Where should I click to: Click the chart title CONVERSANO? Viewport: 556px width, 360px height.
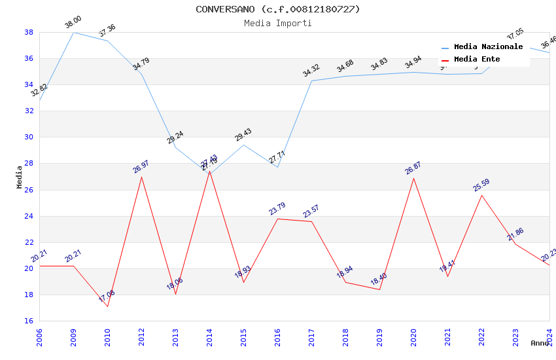click(278, 9)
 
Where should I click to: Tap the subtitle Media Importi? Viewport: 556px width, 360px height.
click(278, 24)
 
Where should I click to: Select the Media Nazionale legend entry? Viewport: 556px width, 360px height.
click(488, 47)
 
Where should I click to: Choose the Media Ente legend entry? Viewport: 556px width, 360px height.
click(477, 60)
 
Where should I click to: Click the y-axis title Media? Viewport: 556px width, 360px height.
click(20, 177)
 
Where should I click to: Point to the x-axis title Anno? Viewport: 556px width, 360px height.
click(540, 343)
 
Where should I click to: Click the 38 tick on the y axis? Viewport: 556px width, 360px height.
click(29, 32)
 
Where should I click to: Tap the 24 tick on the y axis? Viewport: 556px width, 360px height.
click(29, 216)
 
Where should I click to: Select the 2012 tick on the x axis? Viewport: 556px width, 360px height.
click(141, 334)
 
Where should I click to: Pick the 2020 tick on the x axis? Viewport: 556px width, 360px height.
click(413, 334)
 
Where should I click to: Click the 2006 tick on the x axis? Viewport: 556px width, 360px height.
click(39, 334)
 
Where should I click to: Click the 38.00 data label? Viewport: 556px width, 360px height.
click(73, 24)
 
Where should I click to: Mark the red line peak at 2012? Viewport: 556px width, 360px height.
click(141, 177)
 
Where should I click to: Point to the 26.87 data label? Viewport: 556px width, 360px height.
click(413, 168)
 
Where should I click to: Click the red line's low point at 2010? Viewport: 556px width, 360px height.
click(107, 306)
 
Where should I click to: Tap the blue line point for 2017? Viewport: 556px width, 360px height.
click(311, 81)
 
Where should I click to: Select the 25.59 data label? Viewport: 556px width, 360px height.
click(481, 185)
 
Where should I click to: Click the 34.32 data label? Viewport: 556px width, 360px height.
click(311, 71)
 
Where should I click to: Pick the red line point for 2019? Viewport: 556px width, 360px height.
click(379, 289)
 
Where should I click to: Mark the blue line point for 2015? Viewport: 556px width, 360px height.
click(243, 145)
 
